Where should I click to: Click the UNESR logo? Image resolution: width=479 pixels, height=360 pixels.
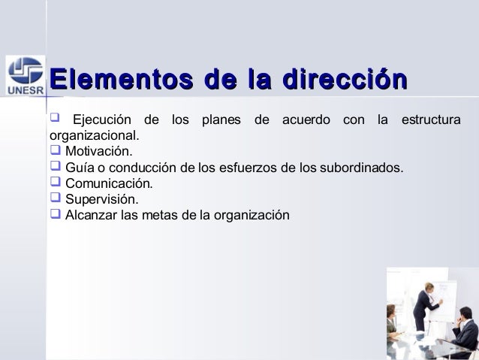(24, 77)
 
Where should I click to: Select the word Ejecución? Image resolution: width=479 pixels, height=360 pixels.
(100, 121)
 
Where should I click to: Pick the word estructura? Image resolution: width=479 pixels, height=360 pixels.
(430, 121)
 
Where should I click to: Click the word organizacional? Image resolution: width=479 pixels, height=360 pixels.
(94, 137)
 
